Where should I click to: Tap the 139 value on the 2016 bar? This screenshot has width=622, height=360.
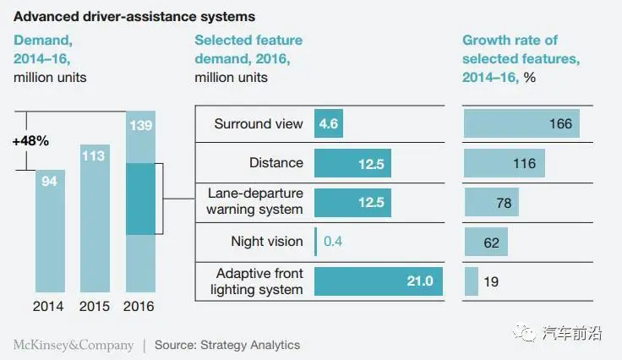tap(140, 125)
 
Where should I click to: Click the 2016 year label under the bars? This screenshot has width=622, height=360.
tap(140, 306)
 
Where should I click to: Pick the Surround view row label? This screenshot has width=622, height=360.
tap(258, 124)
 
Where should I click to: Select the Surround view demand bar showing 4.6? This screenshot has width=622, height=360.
tap(329, 124)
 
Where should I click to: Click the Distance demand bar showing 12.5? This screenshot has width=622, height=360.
tap(352, 163)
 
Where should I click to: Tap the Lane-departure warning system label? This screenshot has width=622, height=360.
tap(257, 202)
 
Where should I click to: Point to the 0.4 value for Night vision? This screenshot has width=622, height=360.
tap(332, 242)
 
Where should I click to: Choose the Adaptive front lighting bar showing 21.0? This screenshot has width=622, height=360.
tap(378, 281)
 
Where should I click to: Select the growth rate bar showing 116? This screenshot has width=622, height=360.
tap(504, 163)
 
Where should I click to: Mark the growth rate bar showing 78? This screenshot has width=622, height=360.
tap(491, 202)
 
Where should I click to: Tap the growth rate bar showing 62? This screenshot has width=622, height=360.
tap(486, 242)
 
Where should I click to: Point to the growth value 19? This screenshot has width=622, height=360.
tap(490, 281)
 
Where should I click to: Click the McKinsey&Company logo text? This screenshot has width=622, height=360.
tap(73, 345)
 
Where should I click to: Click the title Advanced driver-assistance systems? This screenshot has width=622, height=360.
tap(134, 16)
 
